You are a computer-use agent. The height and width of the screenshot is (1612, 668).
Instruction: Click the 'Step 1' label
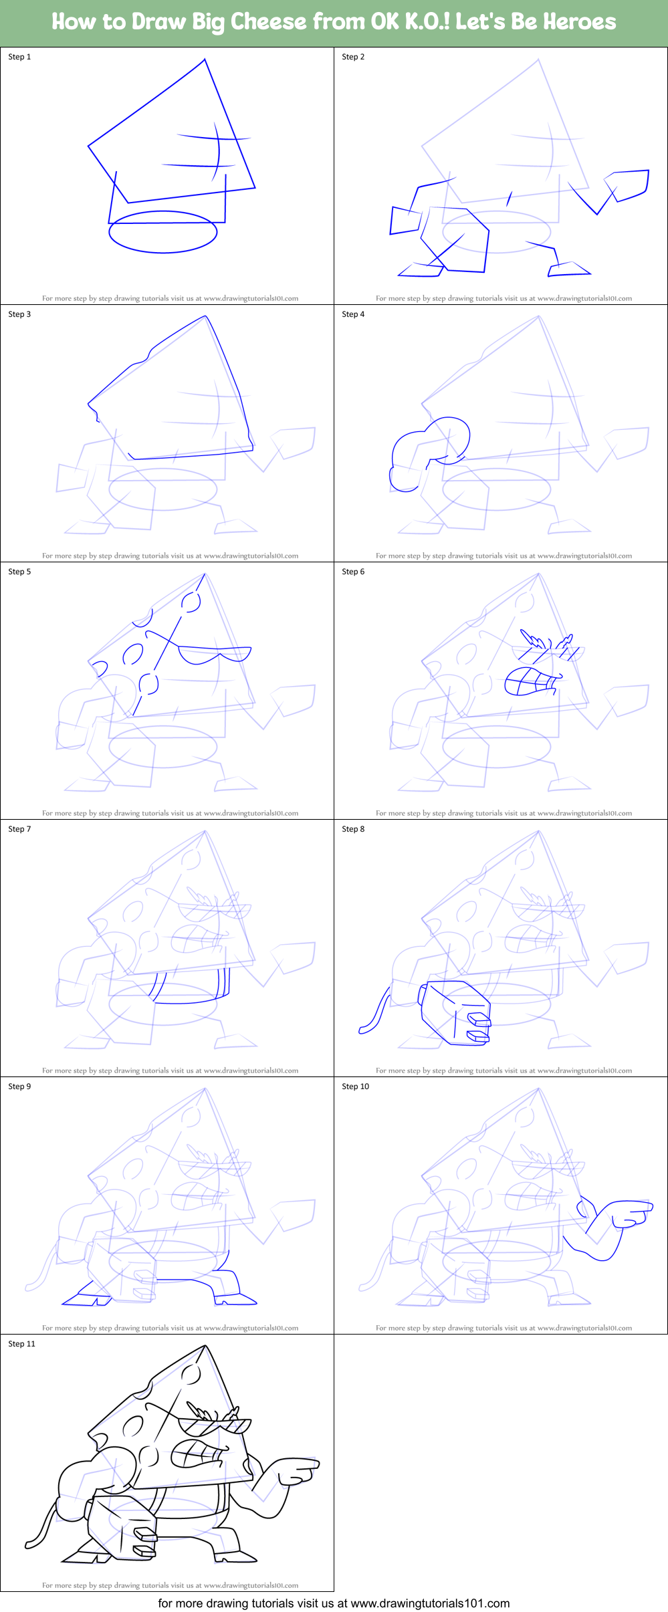pos(19,57)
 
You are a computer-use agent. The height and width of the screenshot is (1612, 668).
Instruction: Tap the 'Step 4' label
pos(353,314)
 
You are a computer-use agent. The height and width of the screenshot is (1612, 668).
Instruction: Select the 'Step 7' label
pos(19,829)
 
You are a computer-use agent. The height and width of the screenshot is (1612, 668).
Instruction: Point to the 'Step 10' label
pos(355,1086)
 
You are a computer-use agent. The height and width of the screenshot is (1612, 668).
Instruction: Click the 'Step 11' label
pos(21,1344)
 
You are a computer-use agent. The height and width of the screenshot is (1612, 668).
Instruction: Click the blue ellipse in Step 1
pos(163,232)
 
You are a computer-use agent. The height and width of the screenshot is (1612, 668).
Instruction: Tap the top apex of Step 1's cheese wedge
pos(205,60)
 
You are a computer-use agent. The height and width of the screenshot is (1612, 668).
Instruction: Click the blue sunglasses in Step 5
pos(214,653)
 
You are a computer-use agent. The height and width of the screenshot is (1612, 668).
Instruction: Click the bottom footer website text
pos(334,1603)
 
